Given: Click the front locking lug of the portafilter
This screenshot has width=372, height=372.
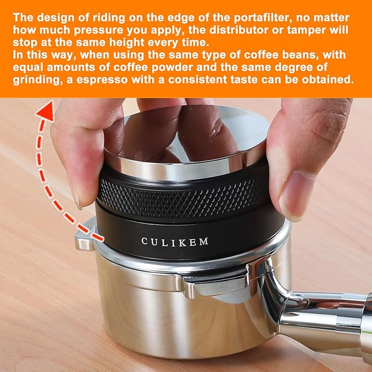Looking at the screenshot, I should [x=211, y=288].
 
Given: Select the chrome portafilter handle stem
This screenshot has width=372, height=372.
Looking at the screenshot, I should [x=323, y=318].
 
